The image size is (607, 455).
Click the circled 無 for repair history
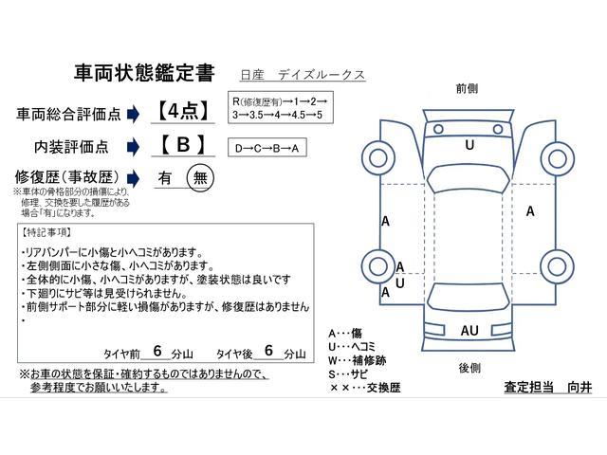coord(200,177)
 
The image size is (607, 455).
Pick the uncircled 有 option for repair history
coord(165,178)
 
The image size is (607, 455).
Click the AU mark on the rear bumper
coord(469,330)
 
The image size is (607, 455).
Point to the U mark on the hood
coord(469,146)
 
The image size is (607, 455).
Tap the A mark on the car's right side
coord(530,212)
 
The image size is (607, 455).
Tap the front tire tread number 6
coord(156,350)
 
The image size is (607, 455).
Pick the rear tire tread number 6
coord(269,350)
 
